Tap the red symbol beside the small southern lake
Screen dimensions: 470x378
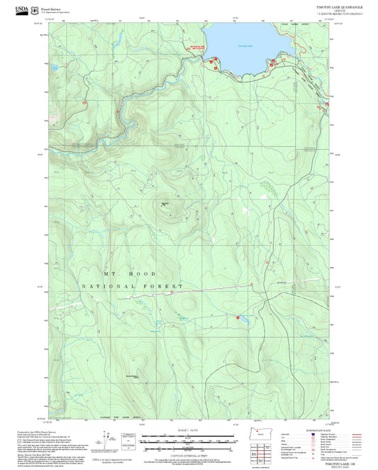[238, 317]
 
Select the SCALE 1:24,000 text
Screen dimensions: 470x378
[190, 430]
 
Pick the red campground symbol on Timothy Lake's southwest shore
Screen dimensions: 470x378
[211, 65]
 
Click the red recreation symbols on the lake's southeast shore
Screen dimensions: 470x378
[272, 63]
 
